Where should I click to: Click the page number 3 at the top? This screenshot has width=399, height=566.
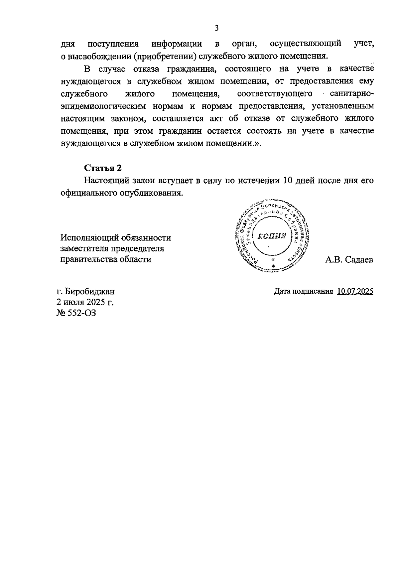point(216,28)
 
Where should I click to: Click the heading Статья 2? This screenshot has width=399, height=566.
point(103,168)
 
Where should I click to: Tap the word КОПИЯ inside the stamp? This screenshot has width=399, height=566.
point(272,236)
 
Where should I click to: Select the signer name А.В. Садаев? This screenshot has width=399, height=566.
point(349,260)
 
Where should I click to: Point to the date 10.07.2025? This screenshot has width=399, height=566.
point(355,291)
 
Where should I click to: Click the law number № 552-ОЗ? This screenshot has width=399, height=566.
point(76,313)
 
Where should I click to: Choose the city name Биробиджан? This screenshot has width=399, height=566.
point(90,291)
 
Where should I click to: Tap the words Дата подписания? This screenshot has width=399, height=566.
point(303,291)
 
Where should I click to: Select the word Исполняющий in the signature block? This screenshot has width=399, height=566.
point(89,238)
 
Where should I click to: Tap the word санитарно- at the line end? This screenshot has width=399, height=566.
point(352,93)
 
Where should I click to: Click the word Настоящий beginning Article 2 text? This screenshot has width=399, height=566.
point(106,181)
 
